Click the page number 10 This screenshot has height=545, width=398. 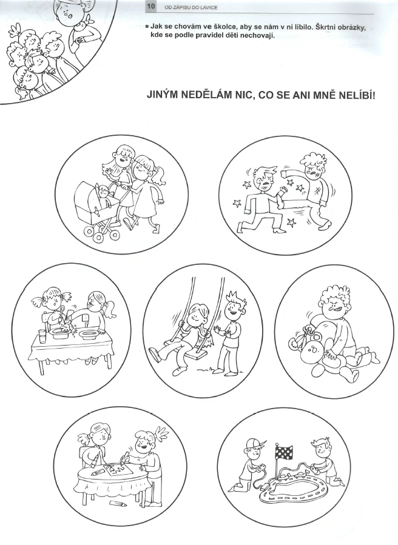(x=151, y=7)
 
